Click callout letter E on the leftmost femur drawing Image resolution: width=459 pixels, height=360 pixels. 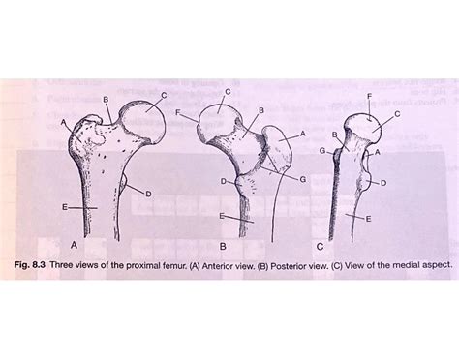[63, 208]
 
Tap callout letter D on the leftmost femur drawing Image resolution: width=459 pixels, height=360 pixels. [148, 195]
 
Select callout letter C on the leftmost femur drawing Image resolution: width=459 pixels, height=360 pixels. [164, 94]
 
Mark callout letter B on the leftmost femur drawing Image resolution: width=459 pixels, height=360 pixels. [105, 101]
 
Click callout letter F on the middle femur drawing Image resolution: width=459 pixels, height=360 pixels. [179, 113]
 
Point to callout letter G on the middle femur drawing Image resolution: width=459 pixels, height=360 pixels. [303, 179]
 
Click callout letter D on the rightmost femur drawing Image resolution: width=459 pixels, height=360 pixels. [384, 182]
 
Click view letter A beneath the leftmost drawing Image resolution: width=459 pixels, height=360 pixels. [76, 244]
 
